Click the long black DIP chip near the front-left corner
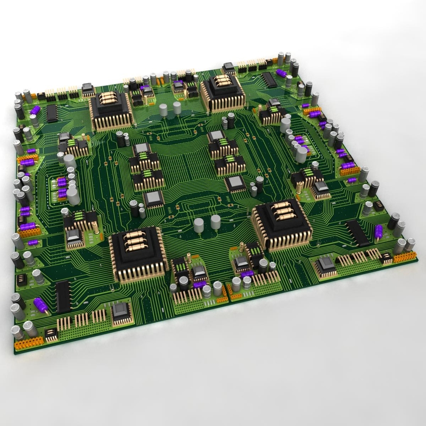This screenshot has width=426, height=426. coord(63,297)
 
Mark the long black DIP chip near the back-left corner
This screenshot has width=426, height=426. coord(52,113)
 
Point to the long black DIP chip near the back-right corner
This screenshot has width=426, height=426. coord(269,80)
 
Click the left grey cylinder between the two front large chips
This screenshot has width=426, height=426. coord(199,224)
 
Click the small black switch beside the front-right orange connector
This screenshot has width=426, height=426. coord(386,259)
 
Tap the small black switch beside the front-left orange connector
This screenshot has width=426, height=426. coord(51,334)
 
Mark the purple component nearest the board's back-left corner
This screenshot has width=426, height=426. coord(35,110)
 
